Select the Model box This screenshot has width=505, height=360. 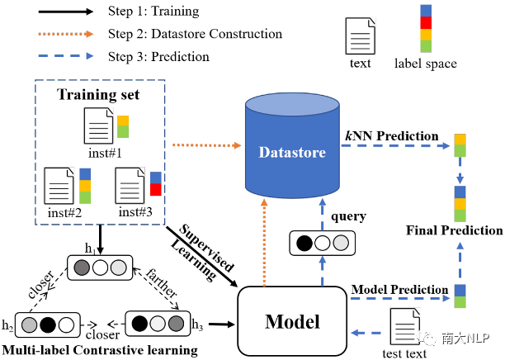[x=292, y=321]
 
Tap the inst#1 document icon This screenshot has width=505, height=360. [x=98, y=126]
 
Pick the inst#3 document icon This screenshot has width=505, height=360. [x=130, y=186]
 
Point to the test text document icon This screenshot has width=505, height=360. [x=405, y=326]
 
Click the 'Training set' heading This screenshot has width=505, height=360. [x=98, y=94]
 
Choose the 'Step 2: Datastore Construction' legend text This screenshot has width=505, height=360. [x=196, y=34]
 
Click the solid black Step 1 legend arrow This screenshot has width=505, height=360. [x=66, y=12]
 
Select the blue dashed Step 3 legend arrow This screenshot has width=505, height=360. [x=66, y=56]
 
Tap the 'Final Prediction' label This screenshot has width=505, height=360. [x=455, y=230]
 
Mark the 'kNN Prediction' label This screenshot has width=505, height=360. [x=392, y=136]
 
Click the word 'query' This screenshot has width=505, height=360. [x=349, y=217]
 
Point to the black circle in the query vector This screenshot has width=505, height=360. [x=304, y=243]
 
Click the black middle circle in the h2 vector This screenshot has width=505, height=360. [x=48, y=324]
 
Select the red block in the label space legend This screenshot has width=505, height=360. [x=426, y=22]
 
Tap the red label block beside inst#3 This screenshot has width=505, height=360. [x=156, y=190]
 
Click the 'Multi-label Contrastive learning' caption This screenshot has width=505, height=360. [x=100, y=350]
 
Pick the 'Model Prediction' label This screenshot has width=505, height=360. [x=399, y=290]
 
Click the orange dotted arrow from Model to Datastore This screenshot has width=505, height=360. [x=264, y=243]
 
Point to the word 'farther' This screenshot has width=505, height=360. [x=162, y=283]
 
